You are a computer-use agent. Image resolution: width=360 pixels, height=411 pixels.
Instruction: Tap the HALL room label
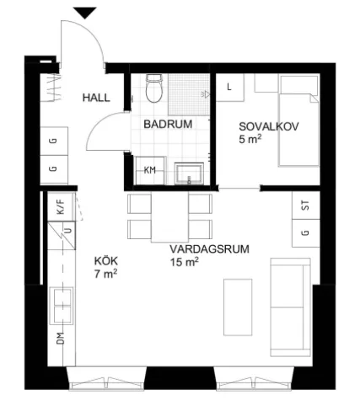tap(95, 98)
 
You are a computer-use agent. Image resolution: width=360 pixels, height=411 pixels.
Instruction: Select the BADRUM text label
tap(168, 124)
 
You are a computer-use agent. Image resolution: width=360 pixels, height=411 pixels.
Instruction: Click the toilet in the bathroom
tap(153, 88)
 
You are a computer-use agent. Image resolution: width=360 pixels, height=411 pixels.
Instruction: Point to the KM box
tap(150, 170)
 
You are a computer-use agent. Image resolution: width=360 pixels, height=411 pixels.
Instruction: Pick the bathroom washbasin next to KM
tap(188, 173)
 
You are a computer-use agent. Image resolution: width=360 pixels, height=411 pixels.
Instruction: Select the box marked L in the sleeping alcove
tap(230, 87)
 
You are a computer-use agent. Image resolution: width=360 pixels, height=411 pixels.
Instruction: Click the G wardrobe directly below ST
tap(305, 232)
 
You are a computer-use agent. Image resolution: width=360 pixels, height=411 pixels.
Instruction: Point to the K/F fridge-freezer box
tap(61, 205)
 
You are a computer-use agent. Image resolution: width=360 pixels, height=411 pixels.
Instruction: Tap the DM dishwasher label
tap(61, 341)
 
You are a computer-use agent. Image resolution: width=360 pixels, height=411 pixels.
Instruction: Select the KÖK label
tap(105, 261)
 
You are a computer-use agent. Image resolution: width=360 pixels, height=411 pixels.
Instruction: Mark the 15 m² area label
tap(184, 263)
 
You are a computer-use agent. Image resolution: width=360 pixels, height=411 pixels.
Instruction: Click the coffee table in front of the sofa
tap(238, 307)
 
